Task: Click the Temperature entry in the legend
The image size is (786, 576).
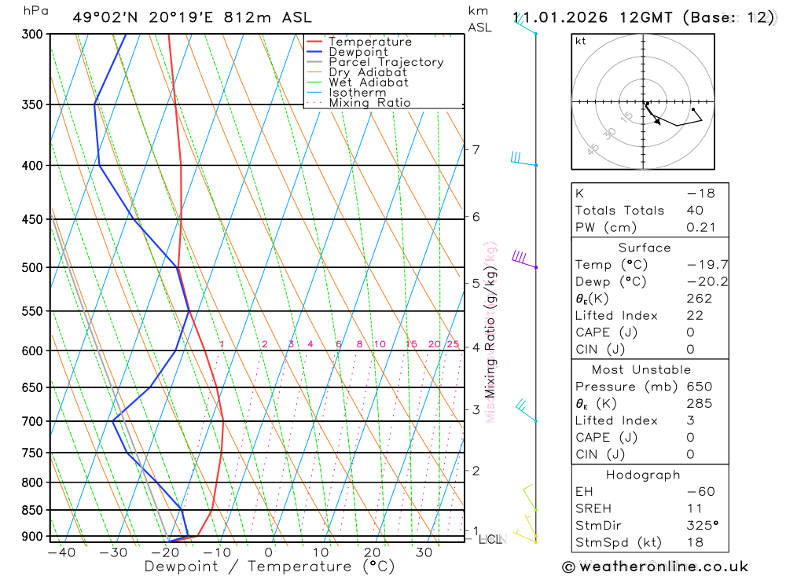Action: (369, 42)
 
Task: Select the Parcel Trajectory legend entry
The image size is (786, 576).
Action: (386, 62)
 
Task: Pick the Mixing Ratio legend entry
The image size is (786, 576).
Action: (369, 103)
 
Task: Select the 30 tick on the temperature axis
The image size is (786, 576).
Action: (424, 552)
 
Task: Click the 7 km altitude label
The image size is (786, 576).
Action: (476, 149)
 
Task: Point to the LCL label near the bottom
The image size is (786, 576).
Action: (490, 540)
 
